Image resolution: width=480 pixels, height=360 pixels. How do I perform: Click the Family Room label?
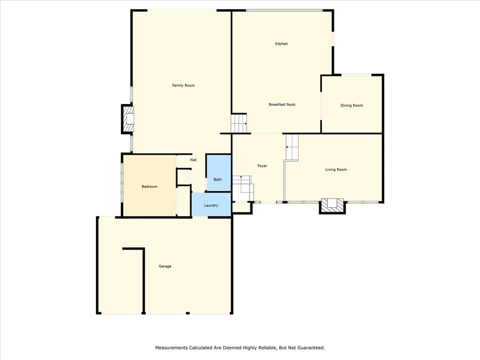(183, 85)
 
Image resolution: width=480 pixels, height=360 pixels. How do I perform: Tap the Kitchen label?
(281, 44)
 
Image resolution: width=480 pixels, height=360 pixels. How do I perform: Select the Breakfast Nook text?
(282, 105)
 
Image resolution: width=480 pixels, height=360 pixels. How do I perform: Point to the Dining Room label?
(352, 105)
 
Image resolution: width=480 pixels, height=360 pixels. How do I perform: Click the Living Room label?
(336, 169)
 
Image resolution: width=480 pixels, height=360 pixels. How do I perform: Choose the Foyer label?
(262, 166)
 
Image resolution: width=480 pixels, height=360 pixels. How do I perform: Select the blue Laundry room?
(211, 205)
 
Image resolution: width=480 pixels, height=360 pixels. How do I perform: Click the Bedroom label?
(150, 187)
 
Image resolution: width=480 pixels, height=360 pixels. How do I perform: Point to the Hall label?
(193, 160)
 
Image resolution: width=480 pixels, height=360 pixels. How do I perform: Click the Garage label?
(165, 266)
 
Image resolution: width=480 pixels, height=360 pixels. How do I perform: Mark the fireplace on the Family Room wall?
(128, 119)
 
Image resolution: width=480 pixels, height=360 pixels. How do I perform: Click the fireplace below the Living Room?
(332, 205)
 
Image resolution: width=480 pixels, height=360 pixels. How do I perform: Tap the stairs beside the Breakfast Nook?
(239, 123)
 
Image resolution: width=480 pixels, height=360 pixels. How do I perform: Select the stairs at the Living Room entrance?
(292, 147)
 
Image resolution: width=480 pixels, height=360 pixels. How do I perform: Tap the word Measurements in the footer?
(172, 348)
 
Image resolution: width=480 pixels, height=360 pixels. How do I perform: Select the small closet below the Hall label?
(184, 177)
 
